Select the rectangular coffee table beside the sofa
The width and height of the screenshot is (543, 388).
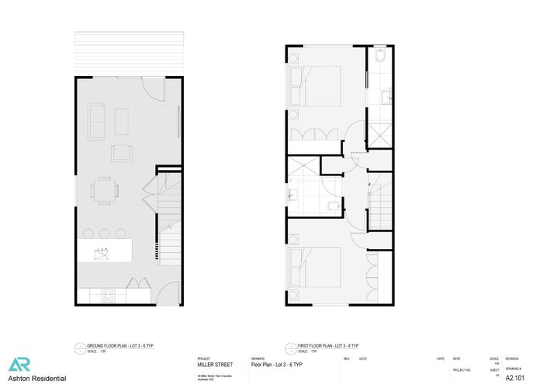coord(121,120)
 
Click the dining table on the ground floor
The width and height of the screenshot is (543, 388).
coord(105,189)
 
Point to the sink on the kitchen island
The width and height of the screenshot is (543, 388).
coord(100,251)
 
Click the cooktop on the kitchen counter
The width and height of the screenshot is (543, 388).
coord(108,295)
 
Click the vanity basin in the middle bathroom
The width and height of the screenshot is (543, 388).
coord(294,194)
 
